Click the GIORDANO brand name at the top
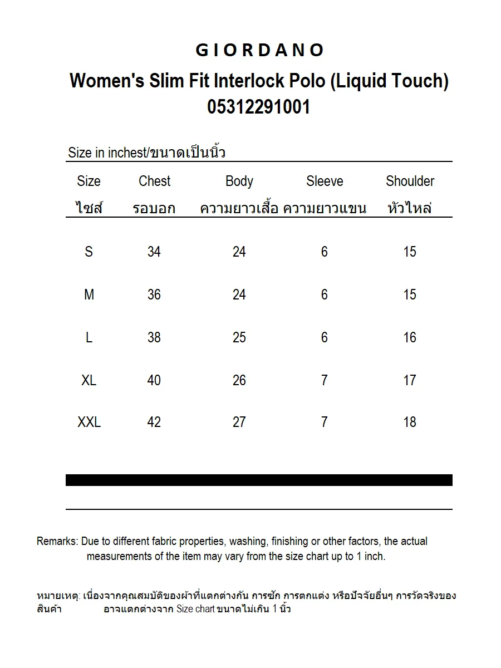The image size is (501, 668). coord(259,51)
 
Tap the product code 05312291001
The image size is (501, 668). coord(259,106)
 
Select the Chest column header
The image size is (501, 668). coord(154,181)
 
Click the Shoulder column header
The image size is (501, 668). coord(410,181)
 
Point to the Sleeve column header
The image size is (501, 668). coord(325,181)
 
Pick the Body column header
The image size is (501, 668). coord(239,181)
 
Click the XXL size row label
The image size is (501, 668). coord(89,423)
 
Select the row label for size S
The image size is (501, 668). coord(89,252)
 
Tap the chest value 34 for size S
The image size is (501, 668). coord(154,252)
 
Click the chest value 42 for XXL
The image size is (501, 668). coord(154,423)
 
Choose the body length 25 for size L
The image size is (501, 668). coord(239,337)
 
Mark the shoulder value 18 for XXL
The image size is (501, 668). coord(410,423)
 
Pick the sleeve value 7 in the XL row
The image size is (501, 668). coord(325,380)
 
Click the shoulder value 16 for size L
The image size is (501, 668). coord(410,337)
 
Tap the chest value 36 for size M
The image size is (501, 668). coord(154,294)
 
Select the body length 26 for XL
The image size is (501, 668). coord(239,380)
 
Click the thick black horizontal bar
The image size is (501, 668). coord(259,480)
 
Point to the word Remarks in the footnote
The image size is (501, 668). coord(57,541)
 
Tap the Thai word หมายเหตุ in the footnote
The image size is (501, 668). coord(58,596)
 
